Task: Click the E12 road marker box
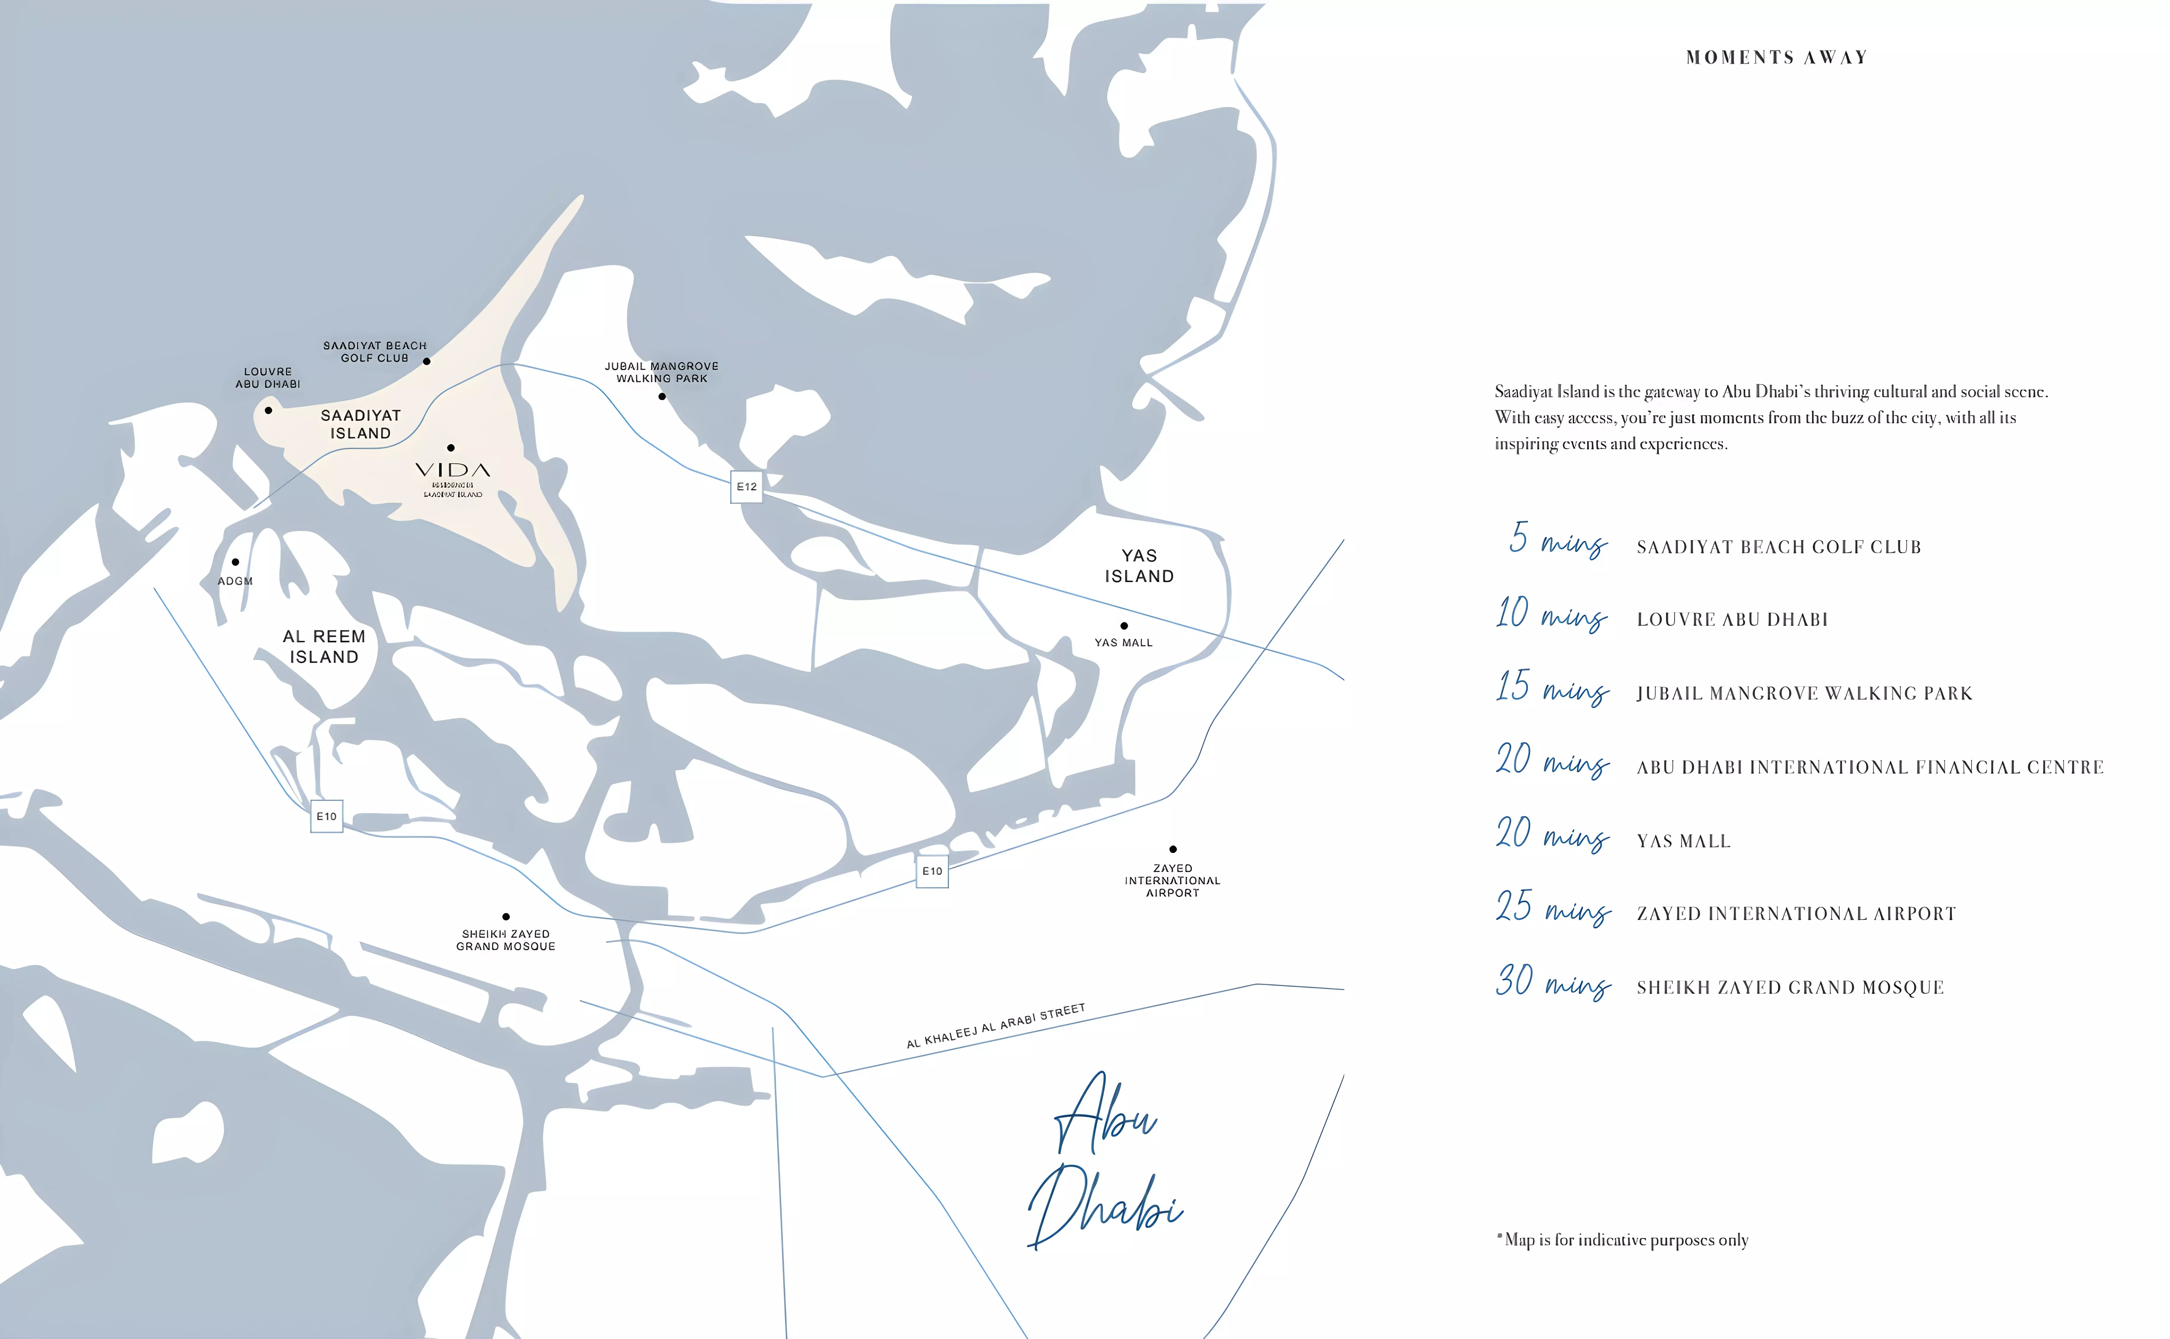pyautogui.click(x=746, y=487)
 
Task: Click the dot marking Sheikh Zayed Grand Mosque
pyautogui.click(x=506, y=917)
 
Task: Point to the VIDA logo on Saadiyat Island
pyautogui.click(x=452, y=470)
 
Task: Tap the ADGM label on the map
pyautogui.click(x=236, y=581)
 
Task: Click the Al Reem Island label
pyautogui.click(x=324, y=646)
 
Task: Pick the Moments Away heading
pyautogui.click(x=1776, y=58)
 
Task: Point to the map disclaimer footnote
pyautogui.click(x=1622, y=1240)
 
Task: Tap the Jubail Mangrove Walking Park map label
pyautogui.click(x=661, y=372)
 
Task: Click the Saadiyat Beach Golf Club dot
pyautogui.click(x=426, y=361)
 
